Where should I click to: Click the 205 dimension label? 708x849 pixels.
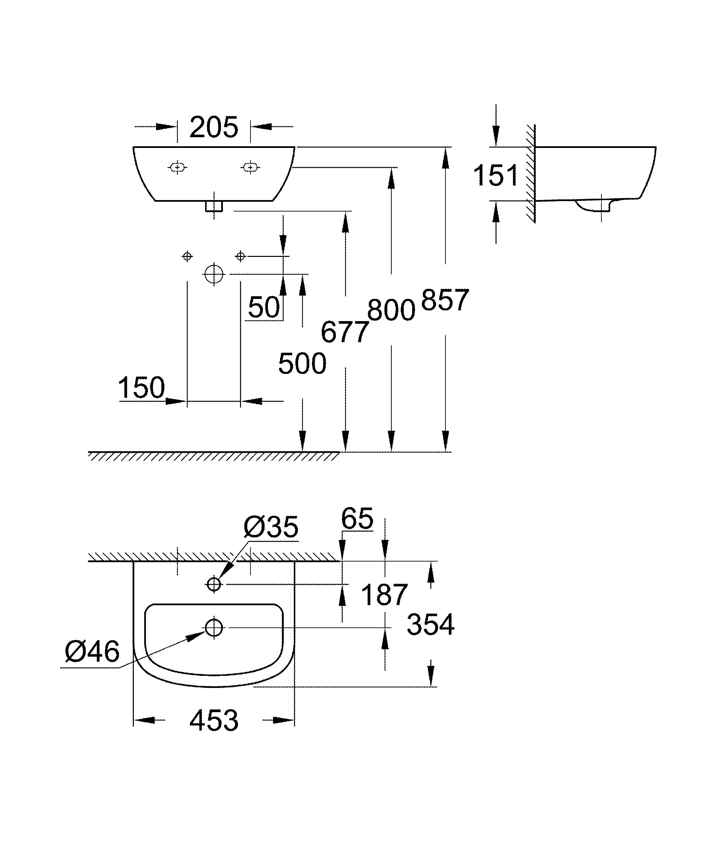coord(213,127)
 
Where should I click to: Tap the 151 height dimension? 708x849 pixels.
coord(495,176)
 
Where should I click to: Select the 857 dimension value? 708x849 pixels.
coord(444,300)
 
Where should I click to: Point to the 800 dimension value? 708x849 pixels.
coord(391,310)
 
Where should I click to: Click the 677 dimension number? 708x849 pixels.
coord(344,332)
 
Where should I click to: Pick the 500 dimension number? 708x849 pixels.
coord(302,363)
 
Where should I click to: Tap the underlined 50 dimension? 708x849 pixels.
coord(264,307)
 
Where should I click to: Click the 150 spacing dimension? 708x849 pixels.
coord(142,388)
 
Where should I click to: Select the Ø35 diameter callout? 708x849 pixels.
coord(271,527)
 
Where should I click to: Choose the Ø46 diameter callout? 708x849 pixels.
coord(92,652)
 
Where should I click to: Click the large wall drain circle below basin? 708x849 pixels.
coord(214,274)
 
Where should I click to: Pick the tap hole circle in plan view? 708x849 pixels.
coord(214,584)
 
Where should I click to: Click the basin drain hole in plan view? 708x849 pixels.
coord(214,627)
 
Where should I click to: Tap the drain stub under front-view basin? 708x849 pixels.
coord(214,206)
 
